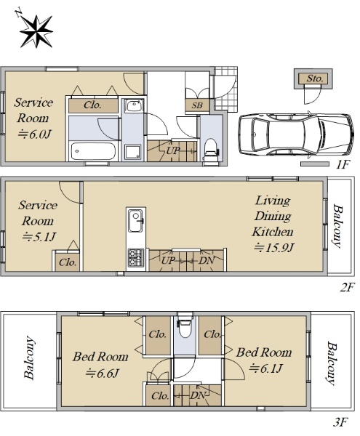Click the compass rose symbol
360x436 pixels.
pyautogui.click(x=35, y=31)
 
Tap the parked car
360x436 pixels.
pyautogui.click(x=296, y=134)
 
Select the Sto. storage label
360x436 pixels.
pyautogui.click(x=315, y=78)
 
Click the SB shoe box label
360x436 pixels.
pyautogui.click(x=197, y=105)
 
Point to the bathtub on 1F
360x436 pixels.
pyautogui.click(x=93, y=152)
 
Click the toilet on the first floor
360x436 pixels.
pyautogui.click(x=211, y=150)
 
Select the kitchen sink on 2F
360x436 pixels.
pyautogui.click(x=135, y=220)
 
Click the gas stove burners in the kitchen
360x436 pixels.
pyautogui.click(x=135, y=258)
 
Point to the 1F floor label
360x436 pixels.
pyautogui.click(x=343, y=165)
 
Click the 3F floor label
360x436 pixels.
pyautogui.click(x=340, y=423)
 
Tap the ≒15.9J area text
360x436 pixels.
pyautogui.click(x=273, y=248)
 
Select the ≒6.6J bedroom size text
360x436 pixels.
pyautogui.click(x=102, y=374)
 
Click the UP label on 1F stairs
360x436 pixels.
pyautogui.click(x=173, y=150)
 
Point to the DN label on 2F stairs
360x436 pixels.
pyautogui.click(x=207, y=261)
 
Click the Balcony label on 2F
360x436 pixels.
pyautogui.click(x=337, y=226)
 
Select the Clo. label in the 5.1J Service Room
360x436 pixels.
pyautogui.click(x=68, y=262)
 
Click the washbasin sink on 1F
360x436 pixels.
pyautogui.click(x=135, y=106)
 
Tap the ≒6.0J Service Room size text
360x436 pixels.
pyautogui.click(x=34, y=134)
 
